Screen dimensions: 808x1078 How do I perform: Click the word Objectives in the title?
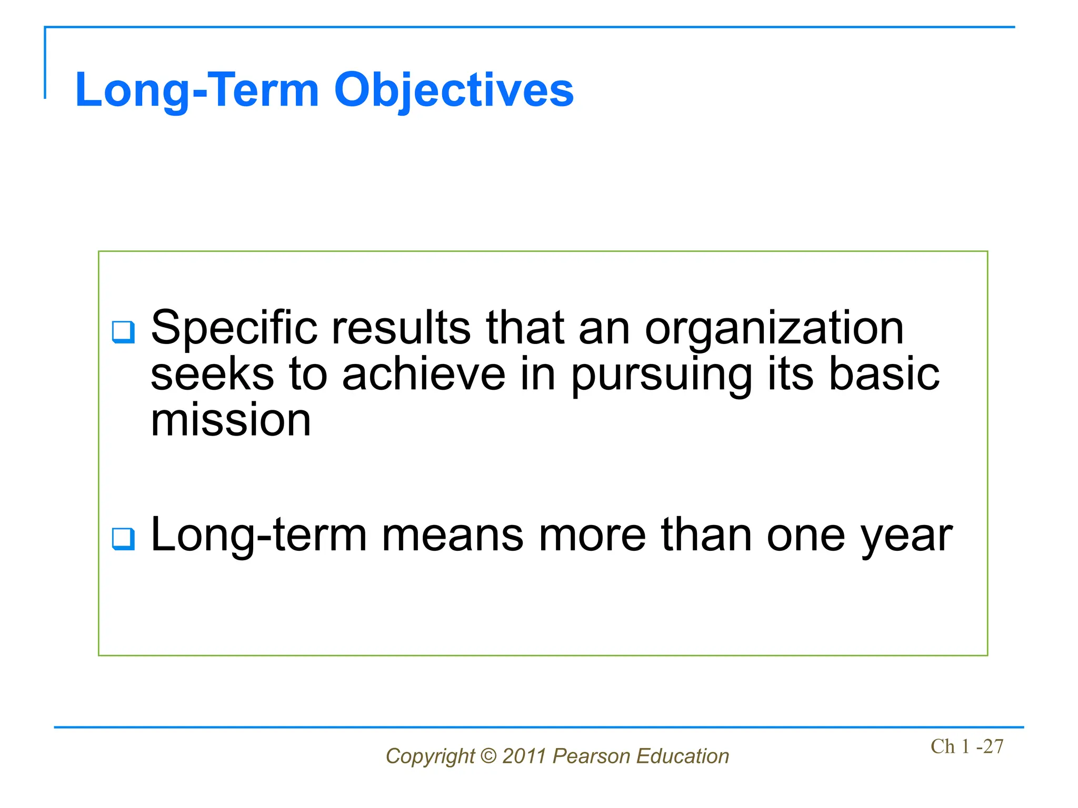click(x=454, y=90)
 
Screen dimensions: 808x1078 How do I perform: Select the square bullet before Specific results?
click(x=124, y=332)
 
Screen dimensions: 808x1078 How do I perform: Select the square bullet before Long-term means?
click(x=124, y=539)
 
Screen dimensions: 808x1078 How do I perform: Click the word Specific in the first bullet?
click(x=234, y=329)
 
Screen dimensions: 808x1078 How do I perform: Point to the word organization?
click(x=774, y=329)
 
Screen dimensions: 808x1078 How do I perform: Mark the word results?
click(x=401, y=329)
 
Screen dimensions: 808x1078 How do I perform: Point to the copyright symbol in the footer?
click(x=488, y=756)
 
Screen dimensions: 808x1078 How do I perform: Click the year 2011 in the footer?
click(x=524, y=756)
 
